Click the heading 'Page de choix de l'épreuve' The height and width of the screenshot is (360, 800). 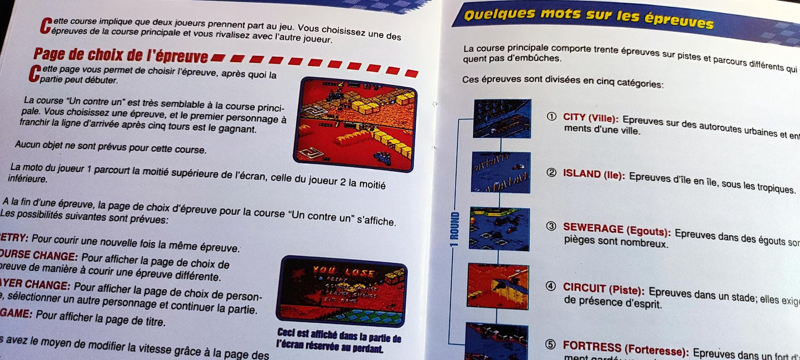click(x=121, y=55)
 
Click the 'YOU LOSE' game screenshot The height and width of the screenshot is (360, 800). click(x=342, y=291)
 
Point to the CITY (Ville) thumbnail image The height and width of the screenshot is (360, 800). click(x=502, y=119)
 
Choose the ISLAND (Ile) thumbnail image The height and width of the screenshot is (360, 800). click(x=501, y=172)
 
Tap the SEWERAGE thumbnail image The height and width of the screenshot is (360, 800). click(x=499, y=229)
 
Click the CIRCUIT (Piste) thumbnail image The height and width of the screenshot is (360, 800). click(x=498, y=286)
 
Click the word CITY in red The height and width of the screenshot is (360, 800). click(x=574, y=117)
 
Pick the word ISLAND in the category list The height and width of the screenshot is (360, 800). click(x=581, y=173)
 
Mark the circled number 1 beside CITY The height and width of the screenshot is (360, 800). click(x=551, y=117)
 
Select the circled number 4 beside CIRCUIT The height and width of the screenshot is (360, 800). click(x=550, y=286)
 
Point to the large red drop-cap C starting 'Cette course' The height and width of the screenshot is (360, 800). click(x=46, y=25)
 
